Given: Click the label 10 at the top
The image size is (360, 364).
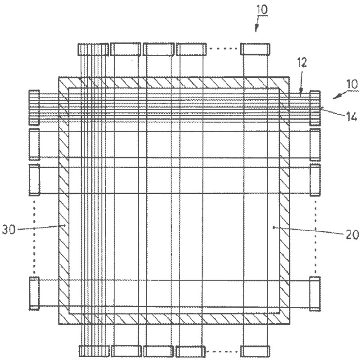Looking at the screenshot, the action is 262,10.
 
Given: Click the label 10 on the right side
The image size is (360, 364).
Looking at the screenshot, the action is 352,84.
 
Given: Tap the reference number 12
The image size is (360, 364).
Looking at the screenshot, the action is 302,63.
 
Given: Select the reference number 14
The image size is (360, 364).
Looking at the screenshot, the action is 351,117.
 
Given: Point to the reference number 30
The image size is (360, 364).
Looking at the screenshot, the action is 9,229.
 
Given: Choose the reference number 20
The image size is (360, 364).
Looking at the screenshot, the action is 352,235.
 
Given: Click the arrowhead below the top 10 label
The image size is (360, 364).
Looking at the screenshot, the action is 256,28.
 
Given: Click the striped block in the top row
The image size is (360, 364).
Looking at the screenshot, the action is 93,49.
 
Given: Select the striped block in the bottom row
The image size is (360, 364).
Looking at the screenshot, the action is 94,351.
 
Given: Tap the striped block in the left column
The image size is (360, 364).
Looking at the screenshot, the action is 34,108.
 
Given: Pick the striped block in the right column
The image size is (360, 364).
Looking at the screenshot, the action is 315,108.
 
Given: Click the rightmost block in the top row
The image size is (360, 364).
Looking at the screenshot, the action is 255,49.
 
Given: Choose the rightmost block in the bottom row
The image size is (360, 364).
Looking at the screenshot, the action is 255,351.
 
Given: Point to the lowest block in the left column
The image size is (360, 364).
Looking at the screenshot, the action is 34,293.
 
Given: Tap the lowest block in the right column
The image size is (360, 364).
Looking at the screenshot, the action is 315,293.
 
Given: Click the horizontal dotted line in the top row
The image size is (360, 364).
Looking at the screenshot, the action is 223,49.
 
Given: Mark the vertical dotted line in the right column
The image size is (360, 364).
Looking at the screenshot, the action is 315,236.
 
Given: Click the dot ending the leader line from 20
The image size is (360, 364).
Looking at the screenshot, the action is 274,227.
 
